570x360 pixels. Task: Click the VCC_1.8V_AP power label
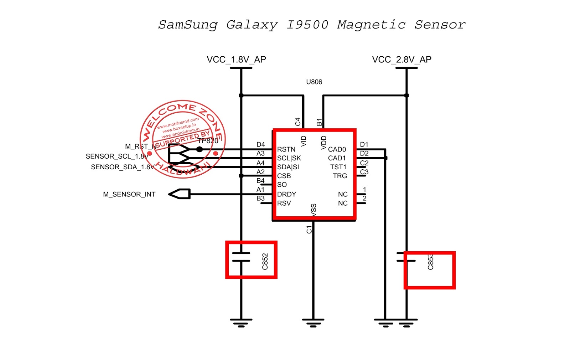pyautogui.click(x=236, y=60)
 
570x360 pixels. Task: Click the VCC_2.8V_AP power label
pyautogui.click(x=401, y=60)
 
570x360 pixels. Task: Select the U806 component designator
pyautogui.click(x=314, y=82)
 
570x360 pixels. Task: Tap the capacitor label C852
pyautogui.click(x=265, y=262)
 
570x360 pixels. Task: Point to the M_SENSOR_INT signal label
pyautogui.click(x=129, y=194)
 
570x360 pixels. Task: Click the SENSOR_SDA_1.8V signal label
pyautogui.click(x=123, y=167)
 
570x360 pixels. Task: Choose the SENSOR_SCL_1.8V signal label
pyautogui.click(x=117, y=156)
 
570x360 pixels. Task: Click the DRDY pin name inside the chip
pyautogui.click(x=286, y=194)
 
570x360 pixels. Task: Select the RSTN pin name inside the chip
pyautogui.click(x=286, y=149)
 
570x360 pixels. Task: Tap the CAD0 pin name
pyautogui.click(x=337, y=149)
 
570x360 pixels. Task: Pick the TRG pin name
pyautogui.click(x=340, y=176)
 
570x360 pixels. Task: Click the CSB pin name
pyautogui.click(x=284, y=176)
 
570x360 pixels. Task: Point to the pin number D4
pyautogui.click(x=260, y=144)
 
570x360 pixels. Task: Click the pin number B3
pyautogui.click(x=260, y=198)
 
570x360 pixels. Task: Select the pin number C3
pyautogui.click(x=364, y=172)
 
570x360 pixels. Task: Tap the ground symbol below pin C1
pyautogui.click(x=313, y=323)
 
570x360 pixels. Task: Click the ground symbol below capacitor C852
pyautogui.click(x=241, y=323)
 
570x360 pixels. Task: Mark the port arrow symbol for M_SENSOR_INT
pyautogui.click(x=180, y=194)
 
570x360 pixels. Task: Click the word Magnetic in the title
pyautogui.click(x=371, y=25)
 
